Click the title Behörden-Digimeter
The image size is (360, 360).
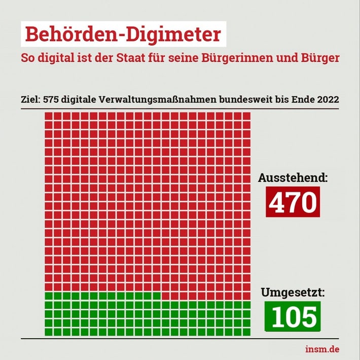tap(123, 34)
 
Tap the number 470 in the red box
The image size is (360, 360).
tap(293, 202)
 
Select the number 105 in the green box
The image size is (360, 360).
tap(293, 316)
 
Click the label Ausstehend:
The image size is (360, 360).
tap(293, 178)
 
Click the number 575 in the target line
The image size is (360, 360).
tap(52, 99)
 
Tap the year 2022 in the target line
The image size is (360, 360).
tap(327, 99)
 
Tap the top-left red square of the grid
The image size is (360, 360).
tap(49, 116)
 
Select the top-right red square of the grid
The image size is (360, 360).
tap(246, 116)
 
